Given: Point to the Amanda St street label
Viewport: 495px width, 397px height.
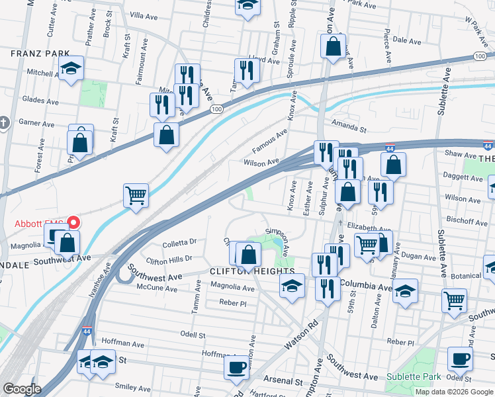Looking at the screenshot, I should click(349, 127).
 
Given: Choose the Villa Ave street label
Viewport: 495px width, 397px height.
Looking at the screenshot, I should click(146, 15).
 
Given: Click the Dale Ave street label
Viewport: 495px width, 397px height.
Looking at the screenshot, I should click(406, 41).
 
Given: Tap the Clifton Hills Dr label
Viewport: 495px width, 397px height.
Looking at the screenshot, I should click(169, 259).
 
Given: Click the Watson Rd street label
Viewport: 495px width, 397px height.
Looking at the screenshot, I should click(301, 336).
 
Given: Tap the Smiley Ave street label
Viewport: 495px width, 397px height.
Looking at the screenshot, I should click(133, 386).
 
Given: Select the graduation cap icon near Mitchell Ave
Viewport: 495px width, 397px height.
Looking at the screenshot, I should click(70, 67).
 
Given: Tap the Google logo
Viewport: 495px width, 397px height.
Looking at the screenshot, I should click(22, 389).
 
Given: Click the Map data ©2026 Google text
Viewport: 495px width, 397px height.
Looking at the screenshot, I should click(454, 392).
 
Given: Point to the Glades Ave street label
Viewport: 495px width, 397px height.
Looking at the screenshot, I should click(40, 101).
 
